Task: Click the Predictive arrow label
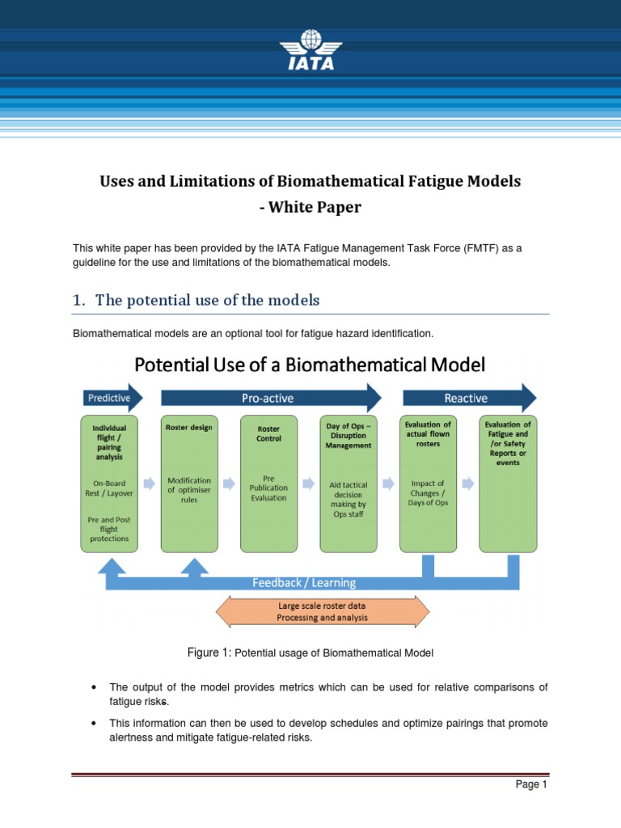pos(111,398)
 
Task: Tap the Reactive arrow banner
pos(467,398)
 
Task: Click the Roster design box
pos(188,484)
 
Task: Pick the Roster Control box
pos(268,484)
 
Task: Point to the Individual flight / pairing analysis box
pos(109,484)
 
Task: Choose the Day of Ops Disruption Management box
pos(349,484)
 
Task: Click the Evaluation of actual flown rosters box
pos(428,484)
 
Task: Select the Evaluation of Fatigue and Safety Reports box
pos(508,484)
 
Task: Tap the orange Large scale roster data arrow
pos(323,611)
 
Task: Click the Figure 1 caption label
pos(209,653)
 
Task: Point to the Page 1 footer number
pos(532,784)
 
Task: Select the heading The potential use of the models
pos(207,301)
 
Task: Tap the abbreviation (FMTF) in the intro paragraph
pos(469,248)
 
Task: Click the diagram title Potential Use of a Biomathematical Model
pos(310,365)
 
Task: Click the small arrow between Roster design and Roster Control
pos(229,484)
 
